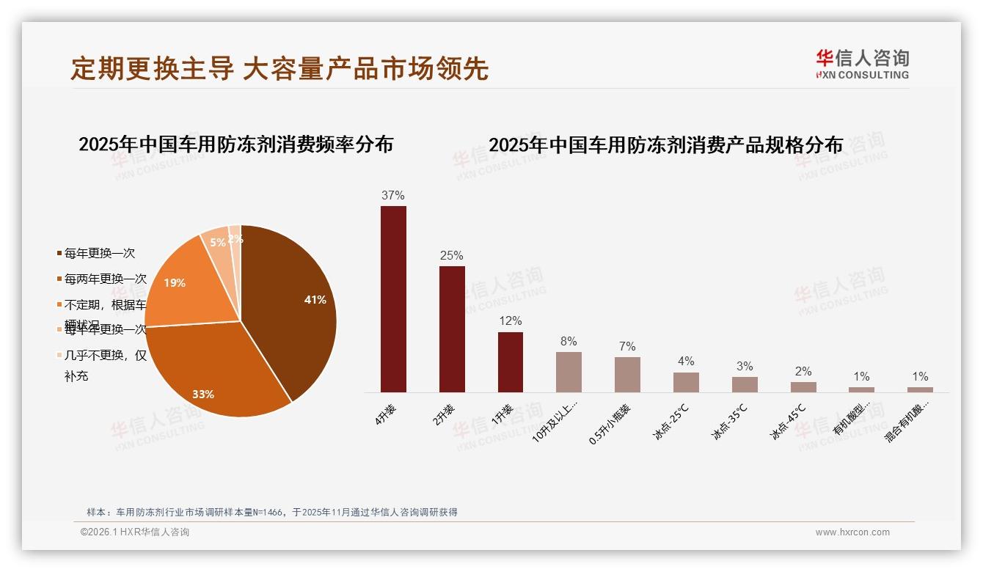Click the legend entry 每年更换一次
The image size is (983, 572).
tap(99, 254)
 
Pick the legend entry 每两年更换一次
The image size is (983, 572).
tap(105, 279)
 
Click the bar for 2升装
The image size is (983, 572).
tap(452, 329)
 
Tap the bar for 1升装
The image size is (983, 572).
tap(511, 362)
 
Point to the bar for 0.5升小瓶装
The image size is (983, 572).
tap(627, 375)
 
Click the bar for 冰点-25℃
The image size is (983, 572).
tap(686, 382)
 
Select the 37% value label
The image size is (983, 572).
tap(393, 196)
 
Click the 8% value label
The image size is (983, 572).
tap(569, 342)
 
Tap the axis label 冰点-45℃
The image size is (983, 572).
tap(789, 421)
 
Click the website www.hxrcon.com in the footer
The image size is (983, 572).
tap(852, 532)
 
